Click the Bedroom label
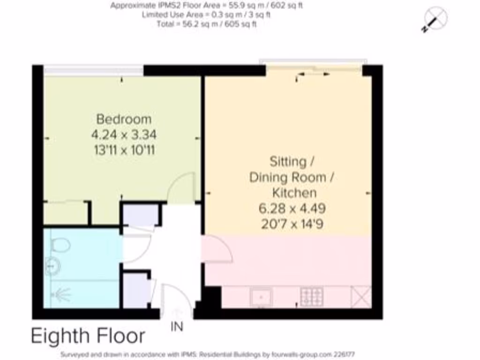tap(124, 119)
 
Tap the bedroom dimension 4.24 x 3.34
tap(124, 135)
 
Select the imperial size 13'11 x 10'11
tap(124, 151)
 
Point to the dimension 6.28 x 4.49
tap(292, 208)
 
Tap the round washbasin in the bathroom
tap(52, 266)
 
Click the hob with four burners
tap(312, 297)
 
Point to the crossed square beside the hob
tap(361, 297)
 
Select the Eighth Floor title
tap(88, 336)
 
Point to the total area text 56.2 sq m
tap(206, 24)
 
